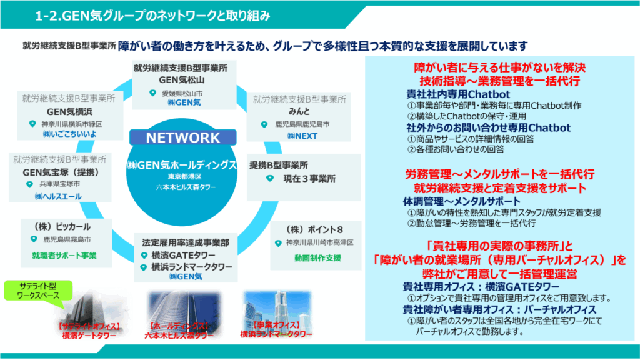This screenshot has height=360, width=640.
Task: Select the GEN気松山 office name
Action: (x=179, y=79)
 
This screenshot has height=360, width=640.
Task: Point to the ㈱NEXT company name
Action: (x=302, y=136)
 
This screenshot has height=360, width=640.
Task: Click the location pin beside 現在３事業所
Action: (x=270, y=179)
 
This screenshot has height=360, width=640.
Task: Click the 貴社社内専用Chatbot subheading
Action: (x=450, y=94)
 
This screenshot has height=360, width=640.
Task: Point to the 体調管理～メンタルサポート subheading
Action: (x=461, y=201)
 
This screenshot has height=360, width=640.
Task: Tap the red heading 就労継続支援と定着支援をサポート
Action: (x=500, y=187)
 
